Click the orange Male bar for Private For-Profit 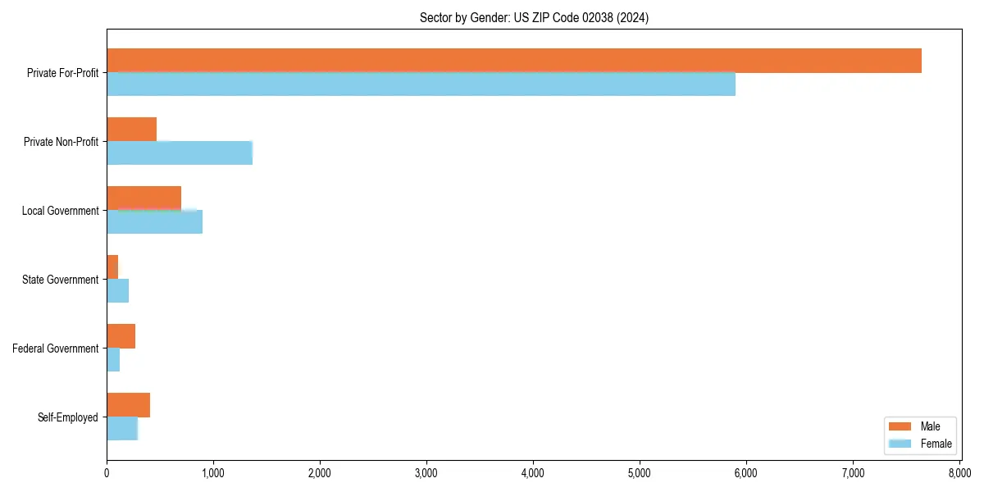pyautogui.click(x=514, y=61)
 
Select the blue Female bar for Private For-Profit pyautogui.click(x=421, y=84)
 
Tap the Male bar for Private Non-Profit pyautogui.click(x=131, y=130)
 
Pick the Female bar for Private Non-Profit pyautogui.click(x=180, y=153)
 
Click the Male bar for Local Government pyautogui.click(x=143, y=198)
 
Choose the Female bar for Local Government pyautogui.click(x=154, y=221)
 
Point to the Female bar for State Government pyautogui.click(x=117, y=290)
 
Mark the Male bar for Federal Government pyautogui.click(x=121, y=336)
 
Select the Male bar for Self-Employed pyautogui.click(x=128, y=405)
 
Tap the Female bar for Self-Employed pyautogui.click(x=122, y=428)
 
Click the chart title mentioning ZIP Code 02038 pyautogui.click(x=533, y=18)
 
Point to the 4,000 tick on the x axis pyautogui.click(x=533, y=473)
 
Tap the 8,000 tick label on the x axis pyautogui.click(x=959, y=473)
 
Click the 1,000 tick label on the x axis pyautogui.click(x=213, y=473)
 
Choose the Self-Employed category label pyautogui.click(x=68, y=417)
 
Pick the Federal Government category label pyautogui.click(x=56, y=348)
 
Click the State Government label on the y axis pyautogui.click(x=61, y=280)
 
